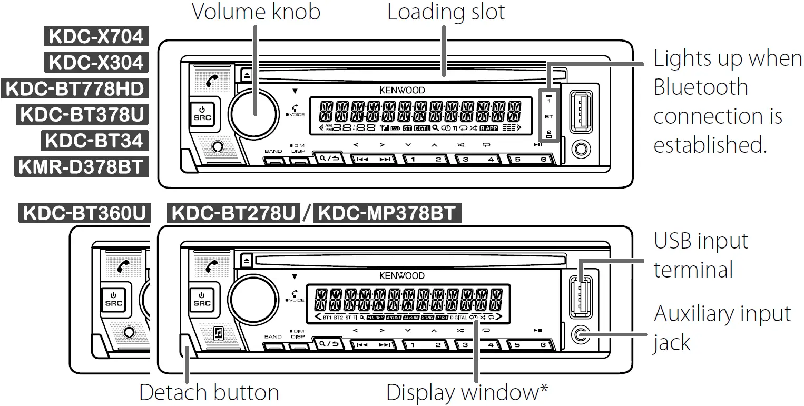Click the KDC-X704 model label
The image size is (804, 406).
coord(95,36)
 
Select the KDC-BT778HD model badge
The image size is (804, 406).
coord(74,88)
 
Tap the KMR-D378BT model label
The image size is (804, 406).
coord(81,167)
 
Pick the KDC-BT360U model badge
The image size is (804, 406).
coord(84,214)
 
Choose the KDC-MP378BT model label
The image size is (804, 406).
coord(387,214)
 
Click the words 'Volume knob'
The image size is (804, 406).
coord(256,12)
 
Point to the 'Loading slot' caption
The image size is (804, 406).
coord(446,12)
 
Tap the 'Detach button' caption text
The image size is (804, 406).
coord(209,392)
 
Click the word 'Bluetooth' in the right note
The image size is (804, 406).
coord(701,87)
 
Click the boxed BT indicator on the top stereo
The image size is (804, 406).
coord(548,116)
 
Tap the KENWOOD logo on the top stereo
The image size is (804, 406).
coord(401,90)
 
